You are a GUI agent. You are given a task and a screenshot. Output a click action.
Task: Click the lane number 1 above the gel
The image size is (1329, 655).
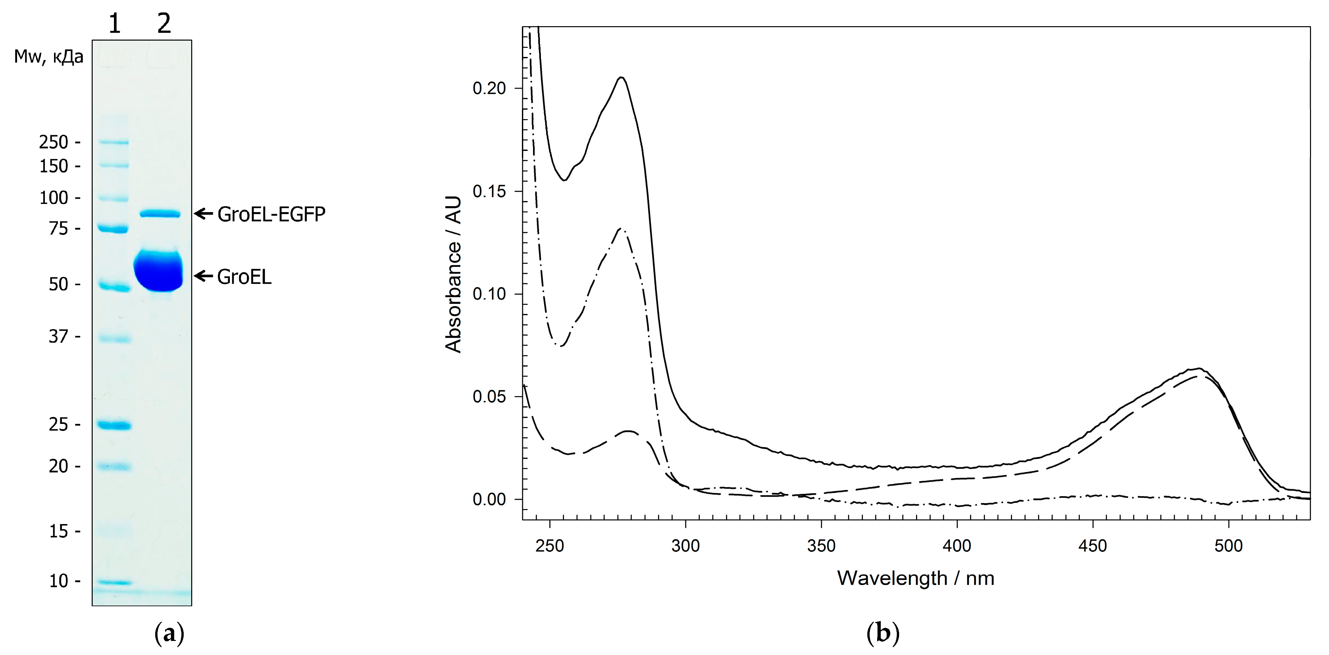115,23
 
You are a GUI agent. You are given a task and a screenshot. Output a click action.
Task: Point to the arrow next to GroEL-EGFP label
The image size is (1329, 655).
203,213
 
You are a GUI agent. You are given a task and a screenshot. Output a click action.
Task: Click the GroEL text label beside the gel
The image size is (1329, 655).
244,277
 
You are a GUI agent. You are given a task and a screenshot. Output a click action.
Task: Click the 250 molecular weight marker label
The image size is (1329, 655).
54,142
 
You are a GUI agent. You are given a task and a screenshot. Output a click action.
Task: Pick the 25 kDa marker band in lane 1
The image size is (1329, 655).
115,426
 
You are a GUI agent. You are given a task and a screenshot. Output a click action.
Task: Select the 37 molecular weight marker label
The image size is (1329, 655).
58,337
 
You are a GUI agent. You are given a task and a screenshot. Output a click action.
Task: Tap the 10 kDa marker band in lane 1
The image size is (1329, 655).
115,583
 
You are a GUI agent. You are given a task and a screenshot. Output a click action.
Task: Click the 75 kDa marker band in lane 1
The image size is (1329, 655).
114,229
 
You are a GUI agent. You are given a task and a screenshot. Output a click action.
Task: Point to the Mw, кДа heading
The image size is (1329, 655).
48,56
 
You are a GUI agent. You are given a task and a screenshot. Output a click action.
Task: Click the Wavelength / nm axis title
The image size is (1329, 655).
915,578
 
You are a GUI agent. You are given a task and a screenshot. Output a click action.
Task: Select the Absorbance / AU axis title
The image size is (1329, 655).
453,274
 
